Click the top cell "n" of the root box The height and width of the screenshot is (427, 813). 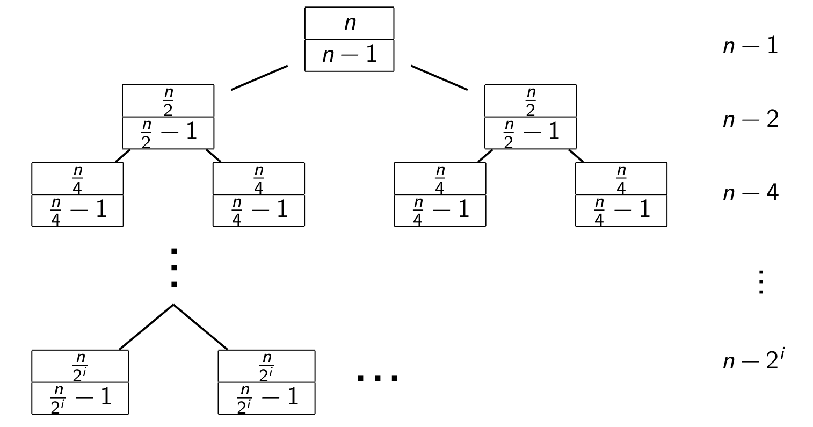click(349, 23)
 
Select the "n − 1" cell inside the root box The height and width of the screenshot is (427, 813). click(349, 55)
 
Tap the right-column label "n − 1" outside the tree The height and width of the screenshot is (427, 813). click(750, 46)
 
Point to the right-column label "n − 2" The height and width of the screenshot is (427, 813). click(750, 119)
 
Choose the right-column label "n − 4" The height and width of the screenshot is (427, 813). click(750, 193)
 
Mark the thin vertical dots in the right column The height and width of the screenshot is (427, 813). click(760, 282)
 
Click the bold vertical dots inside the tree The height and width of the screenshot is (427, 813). click(173, 267)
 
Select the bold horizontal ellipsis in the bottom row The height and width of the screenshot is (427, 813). click(378, 378)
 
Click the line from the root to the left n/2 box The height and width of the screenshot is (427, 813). click(259, 78)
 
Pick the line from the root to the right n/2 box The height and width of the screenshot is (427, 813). click(439, 78)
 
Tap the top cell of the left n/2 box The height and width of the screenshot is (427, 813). click(168, 100)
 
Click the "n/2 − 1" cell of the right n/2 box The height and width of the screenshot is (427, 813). click(531, 133)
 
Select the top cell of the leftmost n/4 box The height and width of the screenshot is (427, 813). click(77, 178)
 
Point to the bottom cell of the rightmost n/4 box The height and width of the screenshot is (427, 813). click(621, 210)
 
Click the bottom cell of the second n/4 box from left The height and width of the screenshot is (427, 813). click(259, 210)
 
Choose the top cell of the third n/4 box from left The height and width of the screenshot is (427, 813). click(440, 178)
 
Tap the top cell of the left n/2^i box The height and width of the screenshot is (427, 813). click(80, 366)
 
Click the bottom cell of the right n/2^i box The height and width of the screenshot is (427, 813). click(266, 398)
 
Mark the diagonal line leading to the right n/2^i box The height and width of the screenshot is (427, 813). click(201, 327)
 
